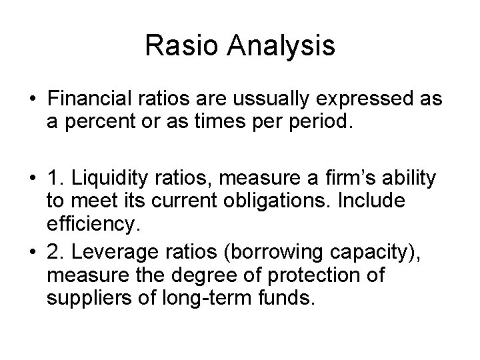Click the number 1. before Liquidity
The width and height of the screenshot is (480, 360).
coord(55,178)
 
